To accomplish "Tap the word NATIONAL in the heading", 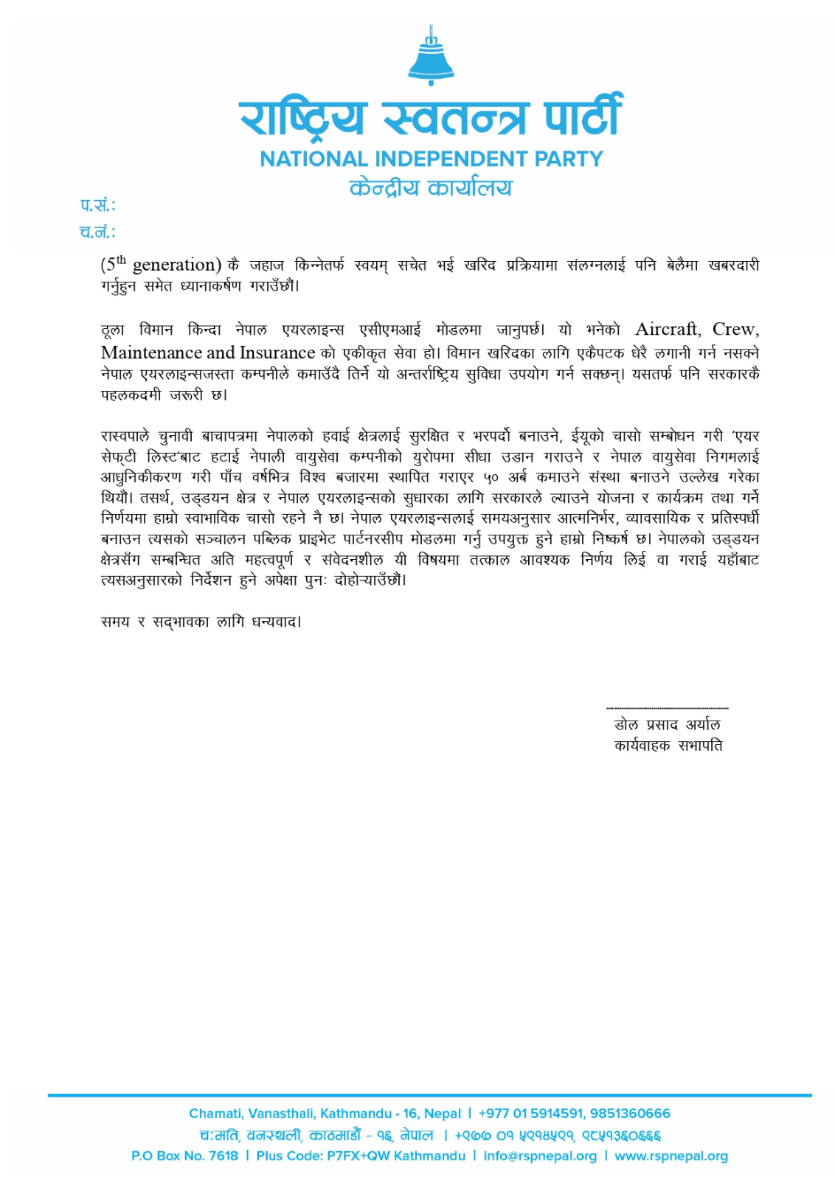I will [x=313, y=159].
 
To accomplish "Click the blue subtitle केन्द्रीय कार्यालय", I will [x=431, y=187].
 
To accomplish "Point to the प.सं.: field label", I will [x=97, y=205].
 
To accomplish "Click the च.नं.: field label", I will [x=97, y=232].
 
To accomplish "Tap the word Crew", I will [x=735, y=329].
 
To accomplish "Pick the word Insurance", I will [x=277, y=353].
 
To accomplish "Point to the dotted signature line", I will [x=667, y=708].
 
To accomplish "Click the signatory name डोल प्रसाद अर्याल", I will [x=667, y=725].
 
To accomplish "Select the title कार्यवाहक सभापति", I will [x=668, y=746].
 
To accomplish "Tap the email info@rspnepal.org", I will [x=540, y=1156].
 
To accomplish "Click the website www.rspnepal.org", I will [x=671, y=1156].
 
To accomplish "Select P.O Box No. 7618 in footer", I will [x=184, y=1156].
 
